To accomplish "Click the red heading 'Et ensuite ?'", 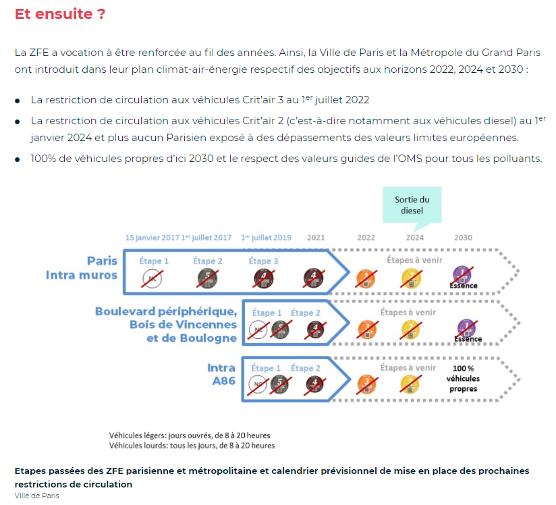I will pos(60,14).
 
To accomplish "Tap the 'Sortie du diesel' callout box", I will pos(412,205).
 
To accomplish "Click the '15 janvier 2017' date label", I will pos(152,238).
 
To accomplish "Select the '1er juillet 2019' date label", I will pos(266,238).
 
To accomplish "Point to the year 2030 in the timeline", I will pos(463,238).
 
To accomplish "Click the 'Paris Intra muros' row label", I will pos(82,267).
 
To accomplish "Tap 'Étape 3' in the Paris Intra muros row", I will pos(264,261).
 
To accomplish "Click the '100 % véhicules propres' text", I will pos(463,379).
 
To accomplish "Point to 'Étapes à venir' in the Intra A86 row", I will pos(408,368).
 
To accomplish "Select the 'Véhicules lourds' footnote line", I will pos(192,446).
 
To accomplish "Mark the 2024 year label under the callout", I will pos(414,238).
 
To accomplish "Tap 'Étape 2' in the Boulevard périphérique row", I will pos(306,313).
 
